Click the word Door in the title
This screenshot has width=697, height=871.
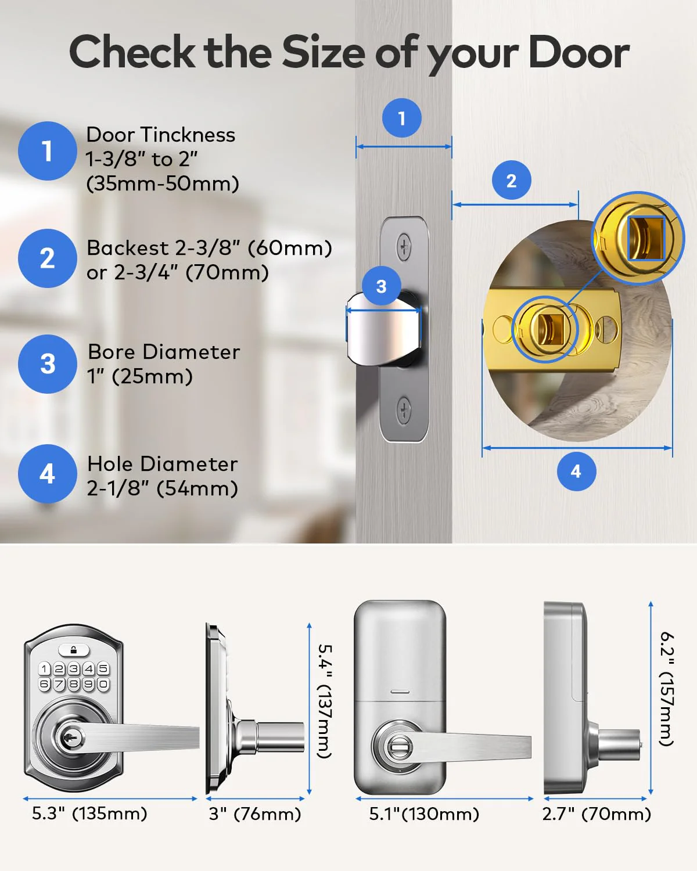pos(579,53)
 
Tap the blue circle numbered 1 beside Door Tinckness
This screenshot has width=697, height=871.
pos(48,151)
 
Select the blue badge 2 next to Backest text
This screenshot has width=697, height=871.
pos(48,258)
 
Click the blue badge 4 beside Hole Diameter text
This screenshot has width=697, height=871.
pos(48,474)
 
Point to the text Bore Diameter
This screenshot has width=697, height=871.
pos(164,352)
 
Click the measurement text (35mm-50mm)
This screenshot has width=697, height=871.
pos(163,183)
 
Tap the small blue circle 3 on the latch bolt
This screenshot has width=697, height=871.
pos(381,286)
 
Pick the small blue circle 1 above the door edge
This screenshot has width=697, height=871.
pos(402,118)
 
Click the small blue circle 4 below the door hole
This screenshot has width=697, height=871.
pos(576,472)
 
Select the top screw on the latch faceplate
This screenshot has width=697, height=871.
pos(403,246)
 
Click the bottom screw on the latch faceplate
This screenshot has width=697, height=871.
pos(404,410)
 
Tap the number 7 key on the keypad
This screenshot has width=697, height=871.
pos(59,684)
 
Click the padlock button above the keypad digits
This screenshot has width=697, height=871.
pos(74,650)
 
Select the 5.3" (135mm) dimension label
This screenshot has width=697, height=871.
pos(89,814)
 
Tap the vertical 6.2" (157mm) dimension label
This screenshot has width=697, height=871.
pos(667,689)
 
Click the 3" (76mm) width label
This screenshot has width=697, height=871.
pos(255,814)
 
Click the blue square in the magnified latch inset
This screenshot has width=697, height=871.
pos(646,238)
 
